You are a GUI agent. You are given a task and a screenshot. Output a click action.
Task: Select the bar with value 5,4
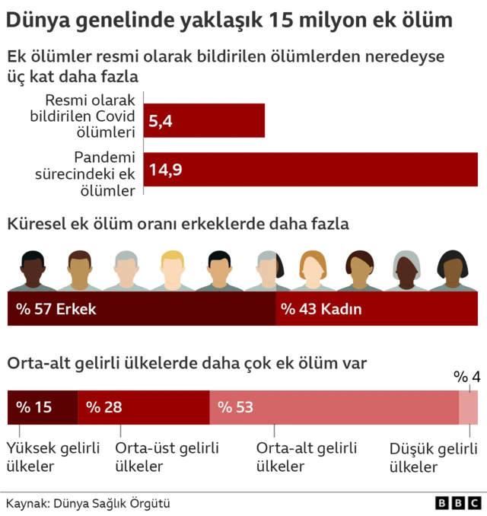point(205,120)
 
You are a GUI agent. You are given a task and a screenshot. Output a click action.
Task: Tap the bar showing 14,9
point(310,169)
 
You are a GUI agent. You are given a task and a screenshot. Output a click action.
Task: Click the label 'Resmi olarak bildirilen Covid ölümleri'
point(91,116)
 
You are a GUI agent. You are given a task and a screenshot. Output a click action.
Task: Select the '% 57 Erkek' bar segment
point(141,309)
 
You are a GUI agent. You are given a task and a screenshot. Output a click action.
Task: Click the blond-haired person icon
point(173,270)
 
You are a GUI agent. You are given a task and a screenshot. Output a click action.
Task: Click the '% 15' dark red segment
point(42,407)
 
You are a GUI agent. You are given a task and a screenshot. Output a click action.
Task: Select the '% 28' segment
point(143,407)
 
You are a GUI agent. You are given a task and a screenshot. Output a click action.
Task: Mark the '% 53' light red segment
point(333,407)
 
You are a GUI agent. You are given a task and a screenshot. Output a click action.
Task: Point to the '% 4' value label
point(466,377)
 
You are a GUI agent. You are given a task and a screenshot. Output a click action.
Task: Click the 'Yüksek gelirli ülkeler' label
point(53,457)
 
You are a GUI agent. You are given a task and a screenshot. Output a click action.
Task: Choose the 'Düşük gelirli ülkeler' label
point(433,457)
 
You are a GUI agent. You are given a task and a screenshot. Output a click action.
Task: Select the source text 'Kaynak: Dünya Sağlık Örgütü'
point(88,503)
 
